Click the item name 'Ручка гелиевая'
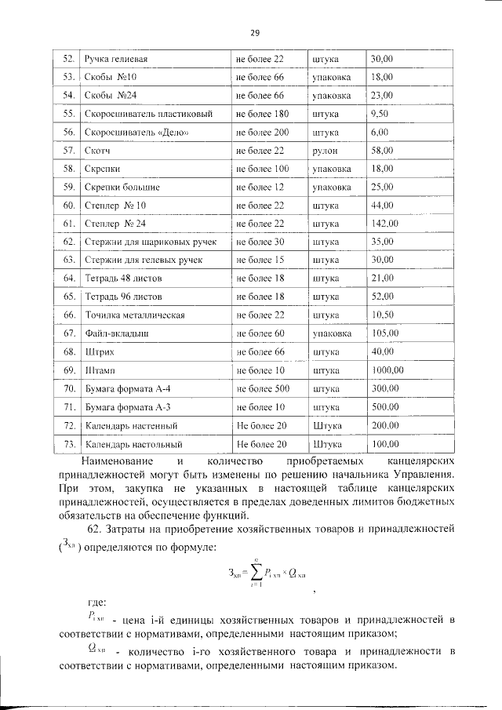(117, 59)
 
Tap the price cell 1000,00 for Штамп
(387, 369)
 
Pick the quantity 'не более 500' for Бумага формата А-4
(263, 388)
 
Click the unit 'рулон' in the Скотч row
(324, 150)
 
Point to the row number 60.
(68, 205)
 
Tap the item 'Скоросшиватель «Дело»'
(136, 132)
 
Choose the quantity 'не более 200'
(263, 132)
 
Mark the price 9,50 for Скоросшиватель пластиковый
(380, 113)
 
